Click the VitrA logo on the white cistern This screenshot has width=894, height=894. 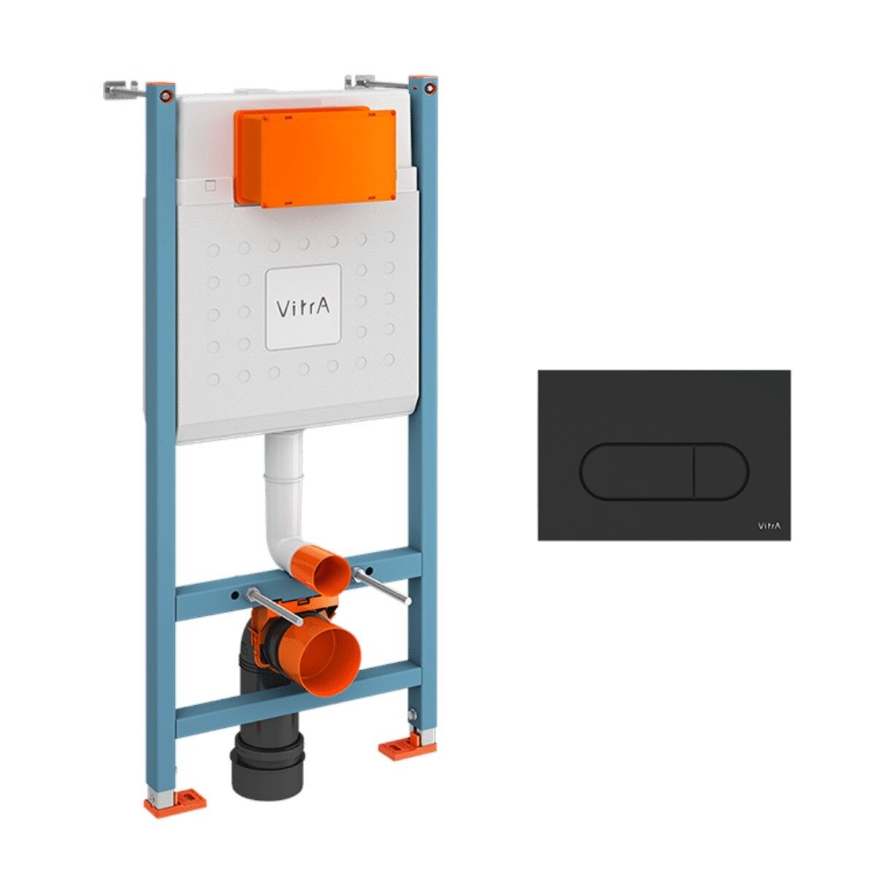click(x=303, y=307)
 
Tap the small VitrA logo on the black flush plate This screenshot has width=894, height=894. click(x=769, y=526)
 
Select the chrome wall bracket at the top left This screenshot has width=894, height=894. click(x=120, y=90)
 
